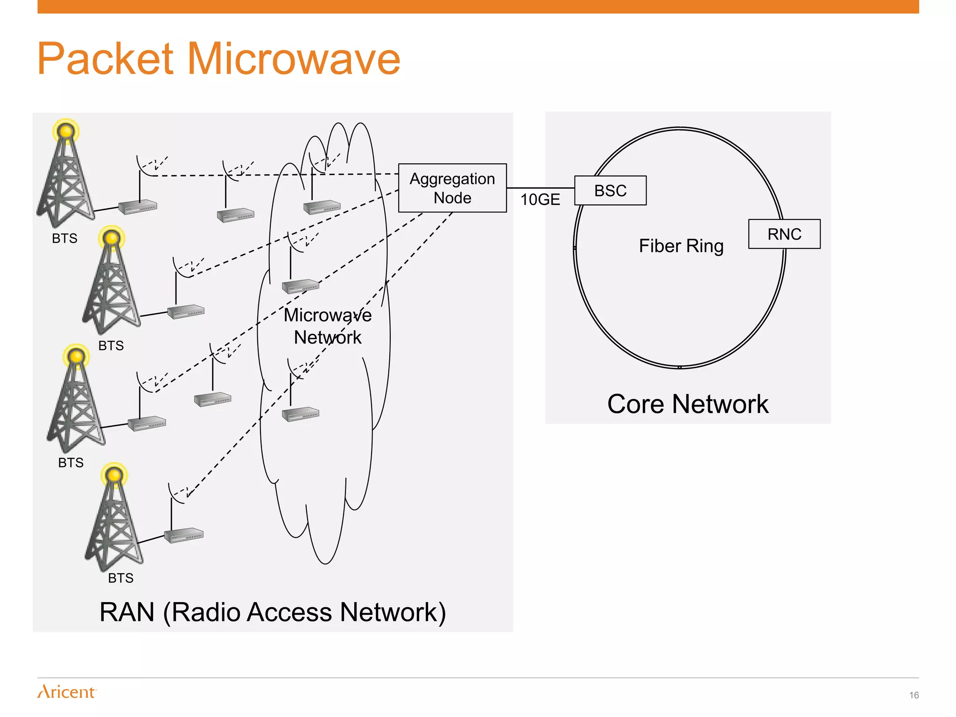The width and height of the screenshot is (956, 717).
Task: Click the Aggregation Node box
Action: [452, 188]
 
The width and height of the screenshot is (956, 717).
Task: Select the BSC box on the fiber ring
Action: [610, 190]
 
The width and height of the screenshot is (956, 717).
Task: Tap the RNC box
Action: [784, 234]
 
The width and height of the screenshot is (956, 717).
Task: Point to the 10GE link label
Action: [540, 200]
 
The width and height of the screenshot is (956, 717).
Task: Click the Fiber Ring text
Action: [681, 246]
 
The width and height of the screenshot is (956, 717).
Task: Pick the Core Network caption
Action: [688, 404]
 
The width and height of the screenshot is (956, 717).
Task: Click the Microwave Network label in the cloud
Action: [328, 326]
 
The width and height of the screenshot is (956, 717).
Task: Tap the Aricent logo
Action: [67, 691]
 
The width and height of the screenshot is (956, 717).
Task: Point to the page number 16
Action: [914, 695]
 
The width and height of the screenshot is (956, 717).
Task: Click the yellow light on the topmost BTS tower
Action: [66, 131]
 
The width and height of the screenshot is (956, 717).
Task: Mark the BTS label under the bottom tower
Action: [120, 578]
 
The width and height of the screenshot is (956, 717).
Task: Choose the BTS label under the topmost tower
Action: [64, 239]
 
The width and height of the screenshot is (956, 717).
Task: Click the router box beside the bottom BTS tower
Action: [184, 535]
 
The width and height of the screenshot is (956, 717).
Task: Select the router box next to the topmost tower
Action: [138, 207]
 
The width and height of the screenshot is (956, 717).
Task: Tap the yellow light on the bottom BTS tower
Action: [114, 475]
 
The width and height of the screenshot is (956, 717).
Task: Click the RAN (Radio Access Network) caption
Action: [273, 612]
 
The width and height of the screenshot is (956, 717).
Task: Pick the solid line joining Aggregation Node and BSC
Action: [540, 188]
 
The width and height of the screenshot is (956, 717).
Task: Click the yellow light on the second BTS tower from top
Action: [112, 238]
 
